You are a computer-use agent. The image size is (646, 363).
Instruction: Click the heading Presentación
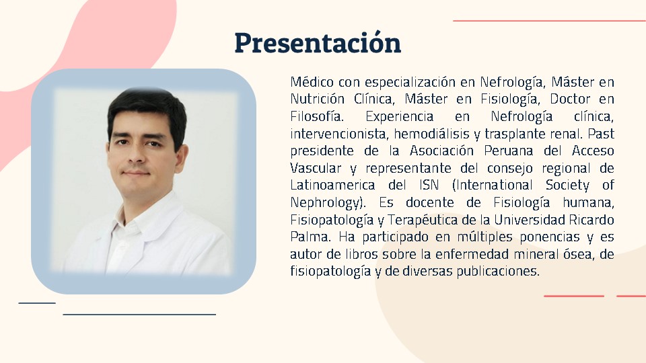pyautogui.click(x=318, y=42)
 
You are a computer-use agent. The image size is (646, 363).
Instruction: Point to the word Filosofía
pyautogui.click(x=317, y=116)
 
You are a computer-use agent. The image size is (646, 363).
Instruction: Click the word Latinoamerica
pyautogui.click(x=332, y=186)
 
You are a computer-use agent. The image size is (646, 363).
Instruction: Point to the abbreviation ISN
pyautogui.click(x=429, y=186)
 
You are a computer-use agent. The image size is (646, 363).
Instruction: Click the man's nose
pyautogui.click(x=137, y=157)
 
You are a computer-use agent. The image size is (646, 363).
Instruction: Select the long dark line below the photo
pyautogui.click(x=139, y=315)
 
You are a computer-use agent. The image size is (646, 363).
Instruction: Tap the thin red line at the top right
pyautogui.click(x=550, y=21)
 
